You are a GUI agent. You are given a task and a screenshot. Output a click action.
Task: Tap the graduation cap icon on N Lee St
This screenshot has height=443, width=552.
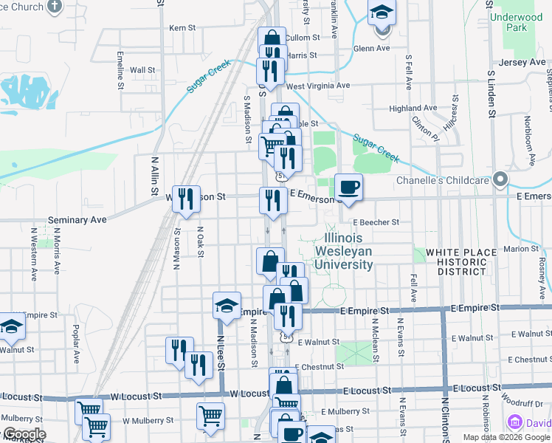click(227, 305)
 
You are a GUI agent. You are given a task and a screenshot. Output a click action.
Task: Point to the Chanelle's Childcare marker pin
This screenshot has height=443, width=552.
click(501, 179)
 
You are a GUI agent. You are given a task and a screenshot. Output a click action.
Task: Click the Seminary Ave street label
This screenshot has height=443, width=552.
click(77, 220)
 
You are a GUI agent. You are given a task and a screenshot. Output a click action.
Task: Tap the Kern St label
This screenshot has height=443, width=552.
click(182, 27)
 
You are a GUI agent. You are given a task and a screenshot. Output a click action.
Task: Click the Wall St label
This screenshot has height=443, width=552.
click(142, 70)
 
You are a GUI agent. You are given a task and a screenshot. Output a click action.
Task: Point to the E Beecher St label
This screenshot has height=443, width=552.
click(376, 221)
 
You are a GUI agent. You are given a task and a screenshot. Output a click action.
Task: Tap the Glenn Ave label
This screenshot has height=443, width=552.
click(371, 49)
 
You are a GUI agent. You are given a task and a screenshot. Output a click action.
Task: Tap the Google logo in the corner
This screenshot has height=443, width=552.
click(24, 434)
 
